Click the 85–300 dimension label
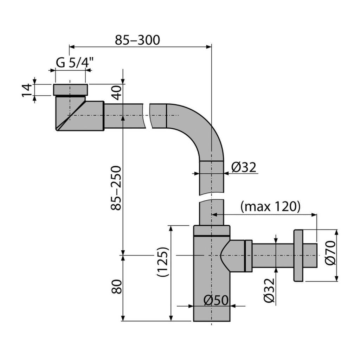137,40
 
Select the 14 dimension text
27,90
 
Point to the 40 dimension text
117,92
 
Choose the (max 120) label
270,206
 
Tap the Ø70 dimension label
330,253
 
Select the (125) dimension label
163,262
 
